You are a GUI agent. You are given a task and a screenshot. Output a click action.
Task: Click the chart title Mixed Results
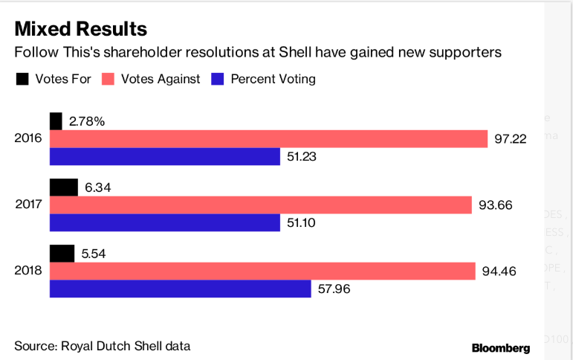pos(81,29)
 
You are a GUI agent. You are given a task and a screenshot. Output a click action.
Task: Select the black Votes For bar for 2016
pos(56,121)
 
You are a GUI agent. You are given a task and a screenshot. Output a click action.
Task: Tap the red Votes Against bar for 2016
pos(268,139)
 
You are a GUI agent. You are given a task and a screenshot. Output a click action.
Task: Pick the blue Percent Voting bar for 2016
pos(164,156)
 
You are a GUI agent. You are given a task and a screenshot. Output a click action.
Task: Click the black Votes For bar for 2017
pos(64,187)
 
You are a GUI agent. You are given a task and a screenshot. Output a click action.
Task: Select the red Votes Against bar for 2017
pos(260,205)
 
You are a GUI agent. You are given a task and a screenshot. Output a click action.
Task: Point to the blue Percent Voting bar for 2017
pos(164,222)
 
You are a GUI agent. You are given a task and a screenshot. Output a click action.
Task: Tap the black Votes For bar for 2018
pos(62,253)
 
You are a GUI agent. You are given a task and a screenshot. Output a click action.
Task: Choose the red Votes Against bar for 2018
pos(262,271)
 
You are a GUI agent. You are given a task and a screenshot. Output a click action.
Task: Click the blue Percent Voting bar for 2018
pos(180,289)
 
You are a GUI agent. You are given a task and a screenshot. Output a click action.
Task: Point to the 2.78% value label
pos(87,121)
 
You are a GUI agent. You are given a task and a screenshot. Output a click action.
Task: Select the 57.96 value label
pos(335,289)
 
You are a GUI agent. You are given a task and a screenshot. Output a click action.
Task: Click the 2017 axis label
pos(28,205)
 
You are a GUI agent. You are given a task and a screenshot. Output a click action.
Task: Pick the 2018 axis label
pos(28,271)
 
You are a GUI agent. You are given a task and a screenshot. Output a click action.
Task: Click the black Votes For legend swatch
pos(22,79)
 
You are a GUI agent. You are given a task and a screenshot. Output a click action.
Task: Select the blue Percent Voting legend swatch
pos(218,79)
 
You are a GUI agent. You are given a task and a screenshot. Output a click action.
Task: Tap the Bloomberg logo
pos(501,347)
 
